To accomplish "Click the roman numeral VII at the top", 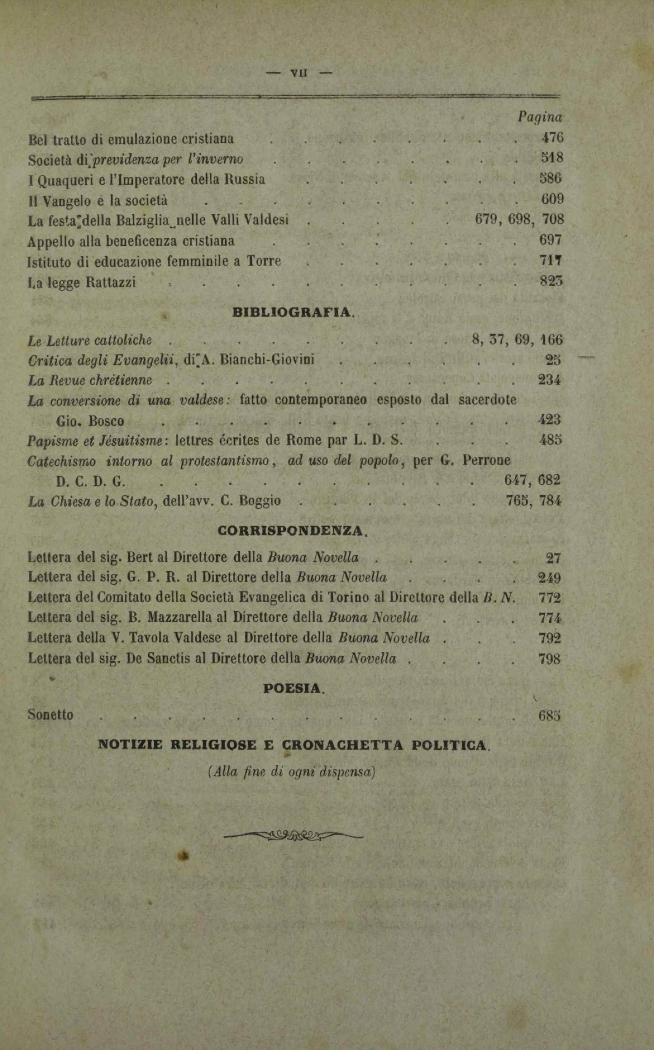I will click(x=299, y=73).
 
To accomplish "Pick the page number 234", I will click(x=549, y=380).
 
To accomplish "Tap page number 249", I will click(x=549, y=578).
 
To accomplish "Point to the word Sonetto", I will click(x=51, y=714).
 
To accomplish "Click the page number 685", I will click(x=549, y=716).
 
